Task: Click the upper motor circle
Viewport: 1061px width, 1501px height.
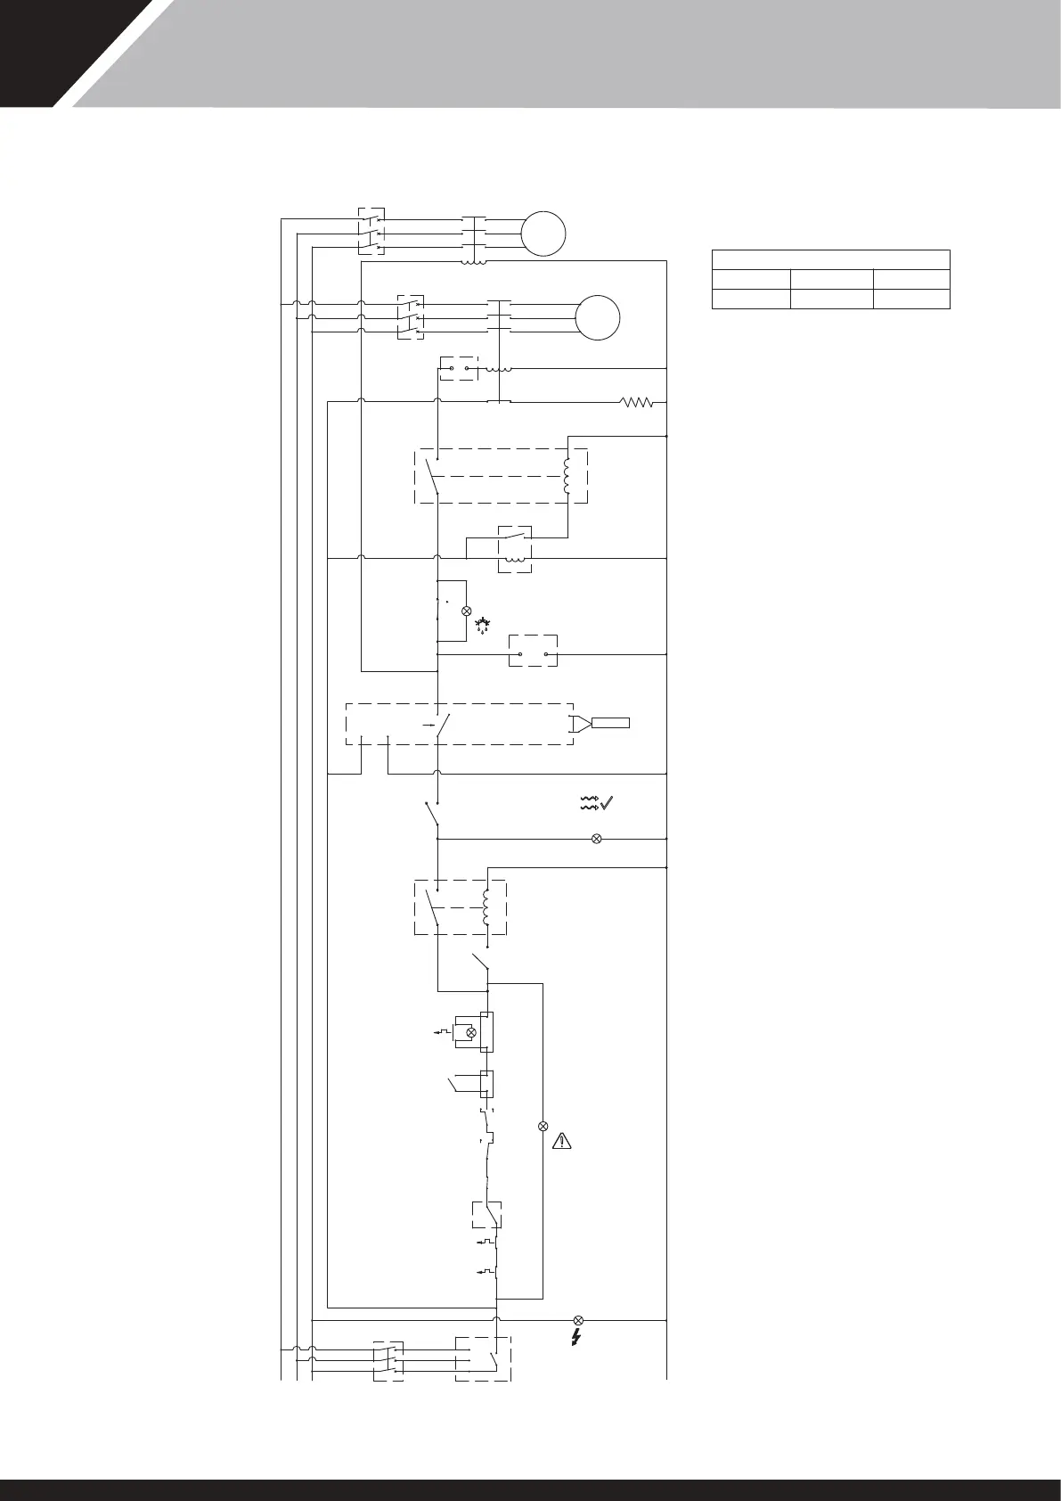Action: (x=543, y=234)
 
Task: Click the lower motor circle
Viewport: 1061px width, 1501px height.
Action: (x=598, y=317)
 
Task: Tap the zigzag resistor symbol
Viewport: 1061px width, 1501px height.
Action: (x=637, y=403)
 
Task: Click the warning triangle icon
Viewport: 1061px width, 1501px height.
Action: (x=562, y=1140)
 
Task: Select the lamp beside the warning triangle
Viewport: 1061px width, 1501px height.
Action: (x=543, y=1127)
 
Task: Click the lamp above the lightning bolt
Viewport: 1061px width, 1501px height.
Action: (x=578, y=1320)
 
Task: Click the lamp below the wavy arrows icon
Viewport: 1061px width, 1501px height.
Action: (x=597, y=839)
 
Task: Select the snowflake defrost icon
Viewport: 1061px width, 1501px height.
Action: (x=485, y=623)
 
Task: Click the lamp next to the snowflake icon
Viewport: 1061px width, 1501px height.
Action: (x=466, y=611)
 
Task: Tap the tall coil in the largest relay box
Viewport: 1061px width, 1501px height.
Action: (x=567, y=476)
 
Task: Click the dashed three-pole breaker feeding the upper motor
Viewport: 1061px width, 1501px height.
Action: (x=371, y=233)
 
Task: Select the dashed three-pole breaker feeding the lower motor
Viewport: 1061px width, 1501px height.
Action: (x=411, y=317)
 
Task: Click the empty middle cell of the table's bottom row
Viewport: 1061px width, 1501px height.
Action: (x=831, y=299)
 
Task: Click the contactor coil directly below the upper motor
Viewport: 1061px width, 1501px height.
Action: (x=472, y=262)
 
